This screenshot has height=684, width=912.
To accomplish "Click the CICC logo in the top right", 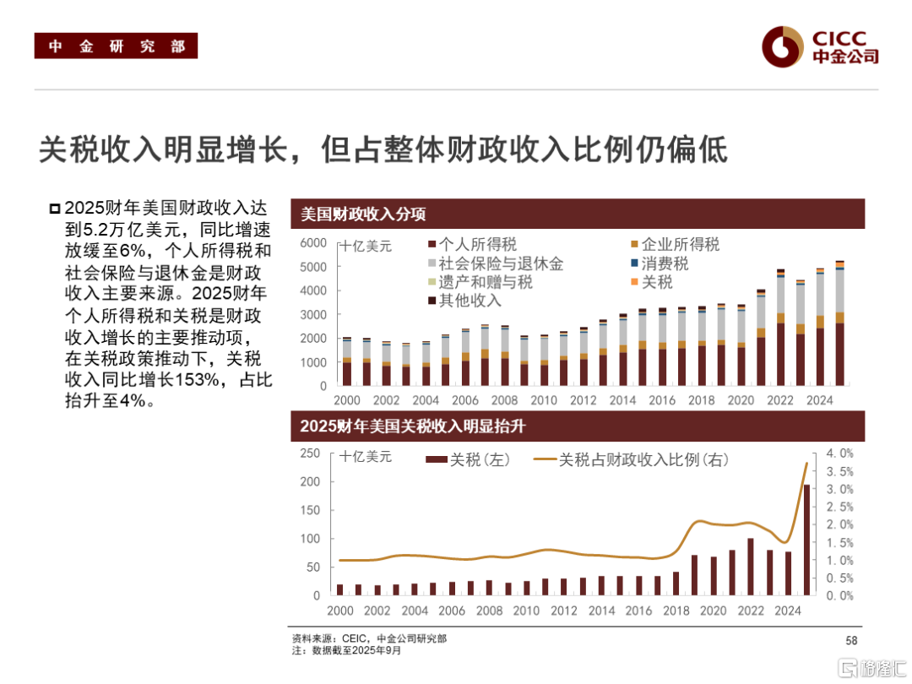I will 819,46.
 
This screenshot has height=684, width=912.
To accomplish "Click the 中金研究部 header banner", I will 116,46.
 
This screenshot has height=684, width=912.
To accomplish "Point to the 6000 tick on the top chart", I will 313,243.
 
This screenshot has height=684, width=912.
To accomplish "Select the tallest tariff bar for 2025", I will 806,540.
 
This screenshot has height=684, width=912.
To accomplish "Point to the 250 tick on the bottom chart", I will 310,453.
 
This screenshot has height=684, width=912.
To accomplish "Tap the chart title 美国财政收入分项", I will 364,214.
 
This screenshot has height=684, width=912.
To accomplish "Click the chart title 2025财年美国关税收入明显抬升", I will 413,426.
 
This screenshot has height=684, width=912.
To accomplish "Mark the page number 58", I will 851,641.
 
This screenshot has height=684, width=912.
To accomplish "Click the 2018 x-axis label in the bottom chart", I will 676,611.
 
